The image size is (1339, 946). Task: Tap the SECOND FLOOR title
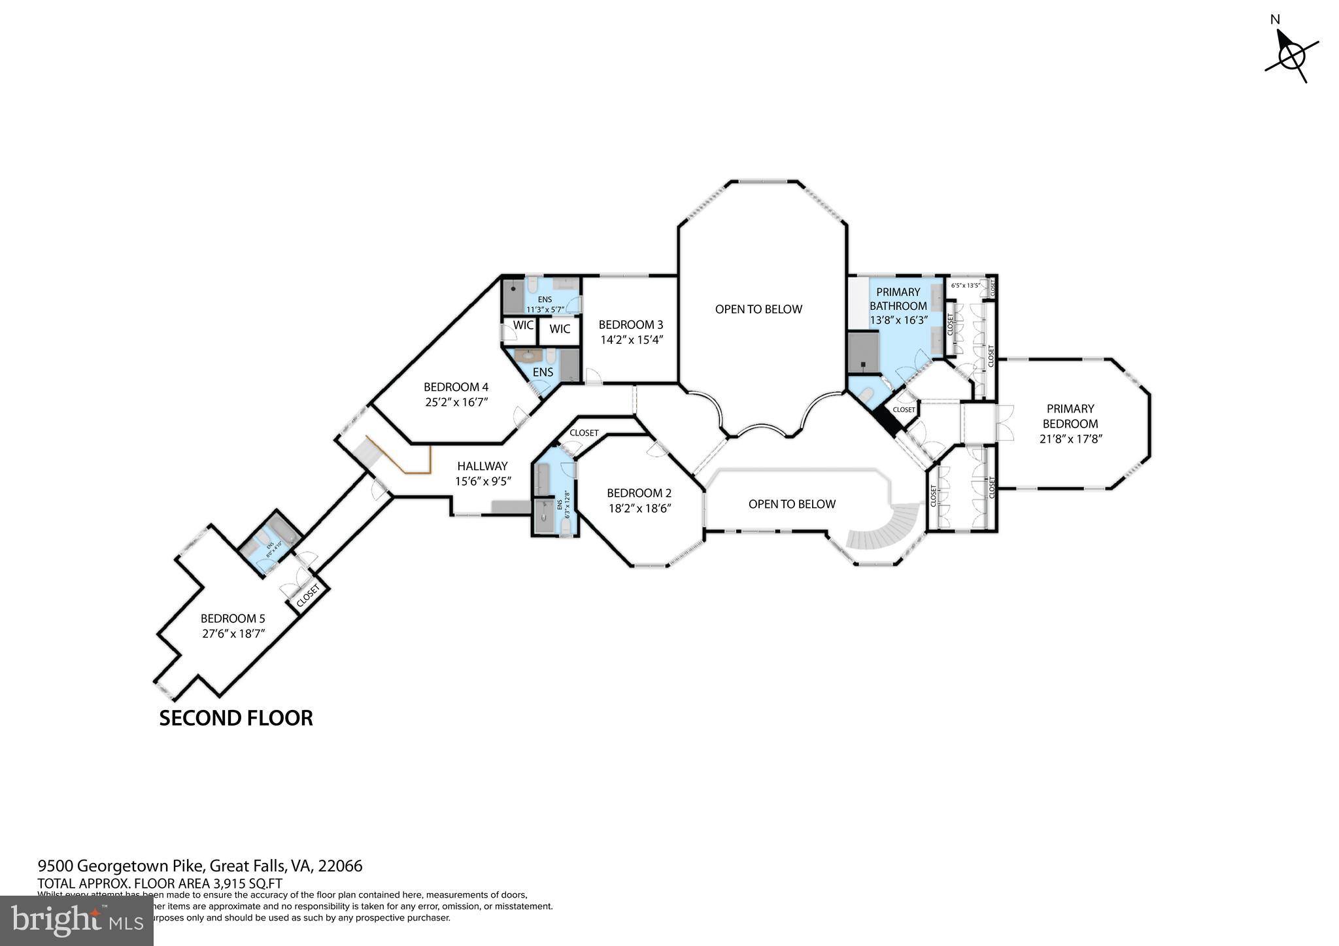pos(236,718)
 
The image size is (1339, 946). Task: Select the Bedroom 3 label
pos(631,324)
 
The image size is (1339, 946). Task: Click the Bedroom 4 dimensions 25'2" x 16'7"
pos(456,402)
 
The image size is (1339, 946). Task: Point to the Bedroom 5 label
pos(233,618)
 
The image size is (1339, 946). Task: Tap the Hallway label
pos(483,466)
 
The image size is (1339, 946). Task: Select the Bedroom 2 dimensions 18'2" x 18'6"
pos(639,508)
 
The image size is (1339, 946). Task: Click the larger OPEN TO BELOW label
pos(758,309)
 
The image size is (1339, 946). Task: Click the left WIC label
pos(523,325)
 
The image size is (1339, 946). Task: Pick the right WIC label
pos(560,329)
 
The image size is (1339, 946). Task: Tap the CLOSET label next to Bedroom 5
pos(308,596)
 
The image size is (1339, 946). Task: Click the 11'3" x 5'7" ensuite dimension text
pos(545,309)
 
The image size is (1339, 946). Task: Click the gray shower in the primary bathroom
pos(862,352)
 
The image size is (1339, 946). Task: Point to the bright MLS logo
pos(76,921)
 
